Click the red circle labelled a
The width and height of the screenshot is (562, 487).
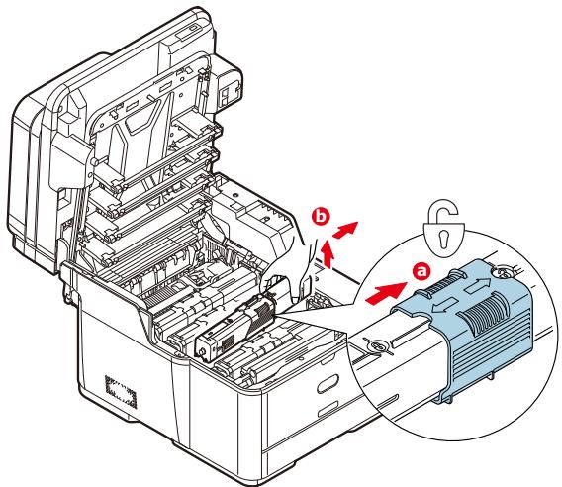[422, 271]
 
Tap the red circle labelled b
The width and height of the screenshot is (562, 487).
[321, 217]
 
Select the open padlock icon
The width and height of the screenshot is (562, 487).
[444, 231]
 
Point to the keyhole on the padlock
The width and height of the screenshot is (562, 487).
[444, 239]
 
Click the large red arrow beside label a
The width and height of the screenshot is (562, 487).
[386, 291]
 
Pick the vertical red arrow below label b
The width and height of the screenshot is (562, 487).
[327, 255]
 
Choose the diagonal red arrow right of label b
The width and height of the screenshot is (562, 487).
[345, 230]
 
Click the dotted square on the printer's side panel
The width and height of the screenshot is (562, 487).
[121, 392]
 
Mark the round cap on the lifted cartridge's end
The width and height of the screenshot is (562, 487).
[203, 351]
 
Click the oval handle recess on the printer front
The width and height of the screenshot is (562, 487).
[328, 384]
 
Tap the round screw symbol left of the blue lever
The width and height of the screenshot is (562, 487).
[377, 346]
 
